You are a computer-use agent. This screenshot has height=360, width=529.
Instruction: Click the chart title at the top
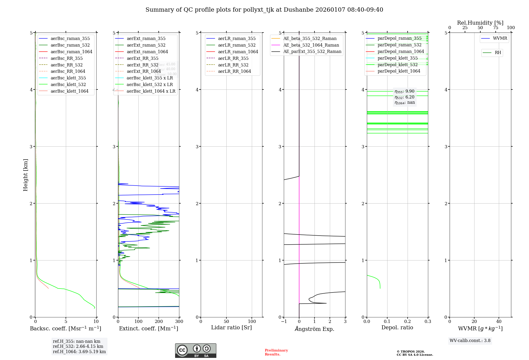(264, 10)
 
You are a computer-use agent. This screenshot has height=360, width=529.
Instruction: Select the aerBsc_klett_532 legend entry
(68, 84)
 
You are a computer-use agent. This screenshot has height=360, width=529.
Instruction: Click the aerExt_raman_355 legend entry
(146, 38)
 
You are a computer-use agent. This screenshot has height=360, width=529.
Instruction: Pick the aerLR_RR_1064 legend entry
(234, 71)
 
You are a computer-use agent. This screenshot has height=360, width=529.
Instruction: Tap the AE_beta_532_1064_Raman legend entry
(311, 45)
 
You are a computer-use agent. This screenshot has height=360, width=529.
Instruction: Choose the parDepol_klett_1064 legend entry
(399, 71)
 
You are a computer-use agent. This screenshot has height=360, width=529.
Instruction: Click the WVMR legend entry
(500, 38)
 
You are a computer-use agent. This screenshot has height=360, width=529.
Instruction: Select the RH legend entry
(498, 53)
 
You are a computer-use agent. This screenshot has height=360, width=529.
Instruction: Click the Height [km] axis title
(25, 175)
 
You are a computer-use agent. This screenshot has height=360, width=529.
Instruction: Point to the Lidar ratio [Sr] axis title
(231, 327)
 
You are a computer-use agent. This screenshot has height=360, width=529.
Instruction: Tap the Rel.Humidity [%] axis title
(480, 23)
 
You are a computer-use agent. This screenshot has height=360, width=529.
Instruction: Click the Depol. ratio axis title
(397, 327)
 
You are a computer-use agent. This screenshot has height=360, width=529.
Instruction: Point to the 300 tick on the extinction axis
(179, 321)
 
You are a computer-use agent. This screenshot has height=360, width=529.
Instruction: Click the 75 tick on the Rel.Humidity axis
(495, 28)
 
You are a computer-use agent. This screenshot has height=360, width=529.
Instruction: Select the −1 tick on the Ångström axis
(284, 321)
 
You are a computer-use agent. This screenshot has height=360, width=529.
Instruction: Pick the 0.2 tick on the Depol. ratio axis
(407, 321)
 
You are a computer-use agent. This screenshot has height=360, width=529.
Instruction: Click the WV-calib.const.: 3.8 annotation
(470, 340)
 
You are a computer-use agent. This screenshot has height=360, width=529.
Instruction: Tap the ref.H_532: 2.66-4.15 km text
(78, 346)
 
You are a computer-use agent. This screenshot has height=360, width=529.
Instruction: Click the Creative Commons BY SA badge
(195, 350)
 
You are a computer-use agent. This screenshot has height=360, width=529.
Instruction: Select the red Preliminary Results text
(276, 352)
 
